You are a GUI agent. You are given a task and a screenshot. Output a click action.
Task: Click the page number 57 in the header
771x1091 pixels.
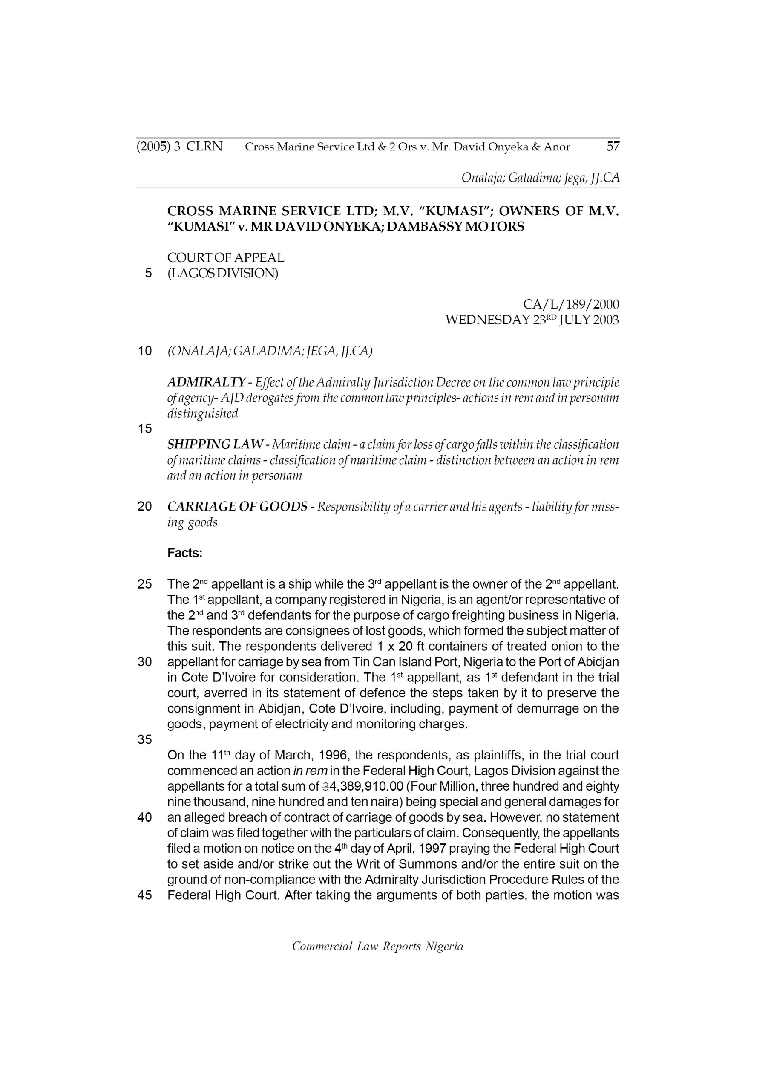(613, 147)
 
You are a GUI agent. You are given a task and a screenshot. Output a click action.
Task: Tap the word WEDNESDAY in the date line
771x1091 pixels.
(487, 320)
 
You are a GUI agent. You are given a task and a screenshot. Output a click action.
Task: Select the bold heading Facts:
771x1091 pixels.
(185, 553)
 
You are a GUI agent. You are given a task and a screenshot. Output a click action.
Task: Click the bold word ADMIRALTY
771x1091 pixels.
(206, 382)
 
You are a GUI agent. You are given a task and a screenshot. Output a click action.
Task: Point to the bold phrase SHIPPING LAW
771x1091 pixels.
(215, 444)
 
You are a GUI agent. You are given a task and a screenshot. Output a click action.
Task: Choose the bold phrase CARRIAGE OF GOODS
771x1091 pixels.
(237, 507)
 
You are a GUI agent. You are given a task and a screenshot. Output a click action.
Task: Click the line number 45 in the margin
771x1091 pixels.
(144, 895)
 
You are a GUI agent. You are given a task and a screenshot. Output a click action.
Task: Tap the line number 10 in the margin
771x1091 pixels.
(144, 351)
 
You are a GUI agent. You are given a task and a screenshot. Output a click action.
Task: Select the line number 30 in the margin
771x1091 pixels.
(144, 662)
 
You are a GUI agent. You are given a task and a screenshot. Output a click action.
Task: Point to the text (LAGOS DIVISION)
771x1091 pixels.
(223, 274)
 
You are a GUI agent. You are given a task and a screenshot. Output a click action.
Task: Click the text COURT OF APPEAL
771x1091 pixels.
(226, 258)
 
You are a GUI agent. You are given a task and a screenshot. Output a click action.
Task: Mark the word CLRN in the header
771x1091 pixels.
(204, 147)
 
